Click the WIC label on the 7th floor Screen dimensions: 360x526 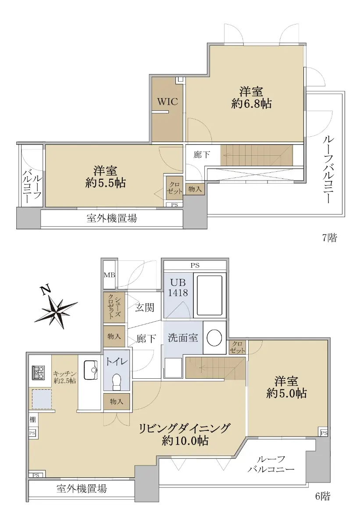(x=168, y=102)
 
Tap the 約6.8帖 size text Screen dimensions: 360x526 (x=251, y=103)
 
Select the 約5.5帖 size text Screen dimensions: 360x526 (x=105, y=183)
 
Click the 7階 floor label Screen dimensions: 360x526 (x=329, y=238)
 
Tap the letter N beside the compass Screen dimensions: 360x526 (x=46, y=290)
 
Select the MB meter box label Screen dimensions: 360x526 (x=110, y=275)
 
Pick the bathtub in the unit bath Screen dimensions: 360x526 (x=210, y=295)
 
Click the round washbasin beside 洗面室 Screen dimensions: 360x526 (x=214, y=338)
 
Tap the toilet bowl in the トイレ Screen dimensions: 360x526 (x=116, y=382)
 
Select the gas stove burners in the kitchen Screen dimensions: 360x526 (x=38, y=373)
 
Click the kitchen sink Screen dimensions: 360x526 (x=90, y=370)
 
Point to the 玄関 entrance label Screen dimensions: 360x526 (x=144, y=307)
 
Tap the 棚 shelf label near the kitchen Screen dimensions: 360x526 (x=32, y=419)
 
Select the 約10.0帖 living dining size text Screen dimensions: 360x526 (x=185, y=441)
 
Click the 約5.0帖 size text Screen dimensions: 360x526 (x=286, y=393)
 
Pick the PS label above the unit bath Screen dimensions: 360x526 (x=195, y=265)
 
